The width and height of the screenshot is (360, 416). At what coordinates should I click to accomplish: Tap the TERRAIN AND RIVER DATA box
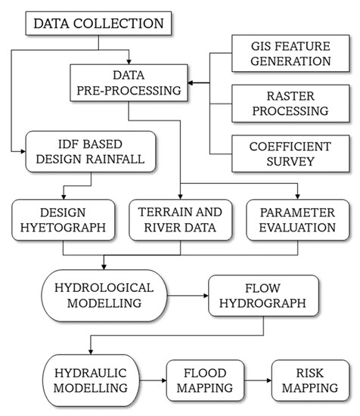(x=179, y=220)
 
